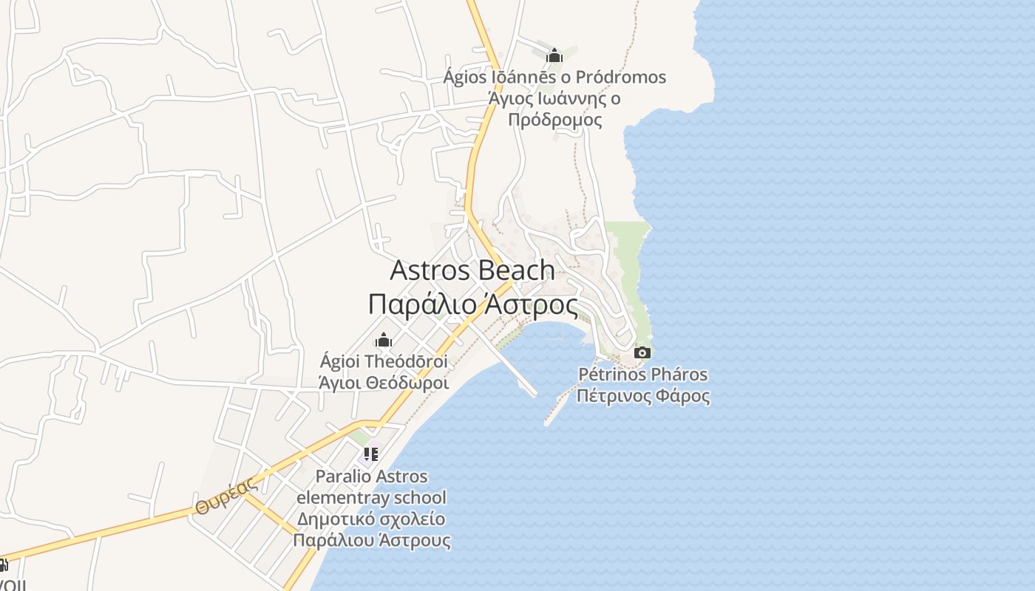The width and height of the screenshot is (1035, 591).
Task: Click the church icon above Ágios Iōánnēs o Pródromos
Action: [x=554, y=55]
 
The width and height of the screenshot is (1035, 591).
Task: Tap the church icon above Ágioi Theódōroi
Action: [x=384, y=341]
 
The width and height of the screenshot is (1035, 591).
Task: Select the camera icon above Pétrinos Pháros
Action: [x=642, y=352]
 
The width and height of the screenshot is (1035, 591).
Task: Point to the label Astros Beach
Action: [x=472, y=270]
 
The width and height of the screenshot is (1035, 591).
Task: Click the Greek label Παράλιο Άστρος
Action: [x=472, y=304]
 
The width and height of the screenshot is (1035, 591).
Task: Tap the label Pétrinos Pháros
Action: [x=642, y=375]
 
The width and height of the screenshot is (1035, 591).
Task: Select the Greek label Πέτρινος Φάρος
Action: [x=642, y=396]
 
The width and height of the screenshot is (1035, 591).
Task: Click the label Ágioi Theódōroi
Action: [x=384, y=362]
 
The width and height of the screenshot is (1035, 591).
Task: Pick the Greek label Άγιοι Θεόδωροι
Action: [x=384, y=383]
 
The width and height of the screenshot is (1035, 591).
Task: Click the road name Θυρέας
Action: [x=227, y=496]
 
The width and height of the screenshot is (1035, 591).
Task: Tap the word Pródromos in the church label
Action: [x=620, y=77]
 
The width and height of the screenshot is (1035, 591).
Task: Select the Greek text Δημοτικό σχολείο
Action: [x=371, y=518]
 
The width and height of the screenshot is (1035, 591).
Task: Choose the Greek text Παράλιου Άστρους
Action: [x=371, y=539]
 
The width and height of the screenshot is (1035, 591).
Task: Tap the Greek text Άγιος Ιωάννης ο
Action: [x=554, y=98]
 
